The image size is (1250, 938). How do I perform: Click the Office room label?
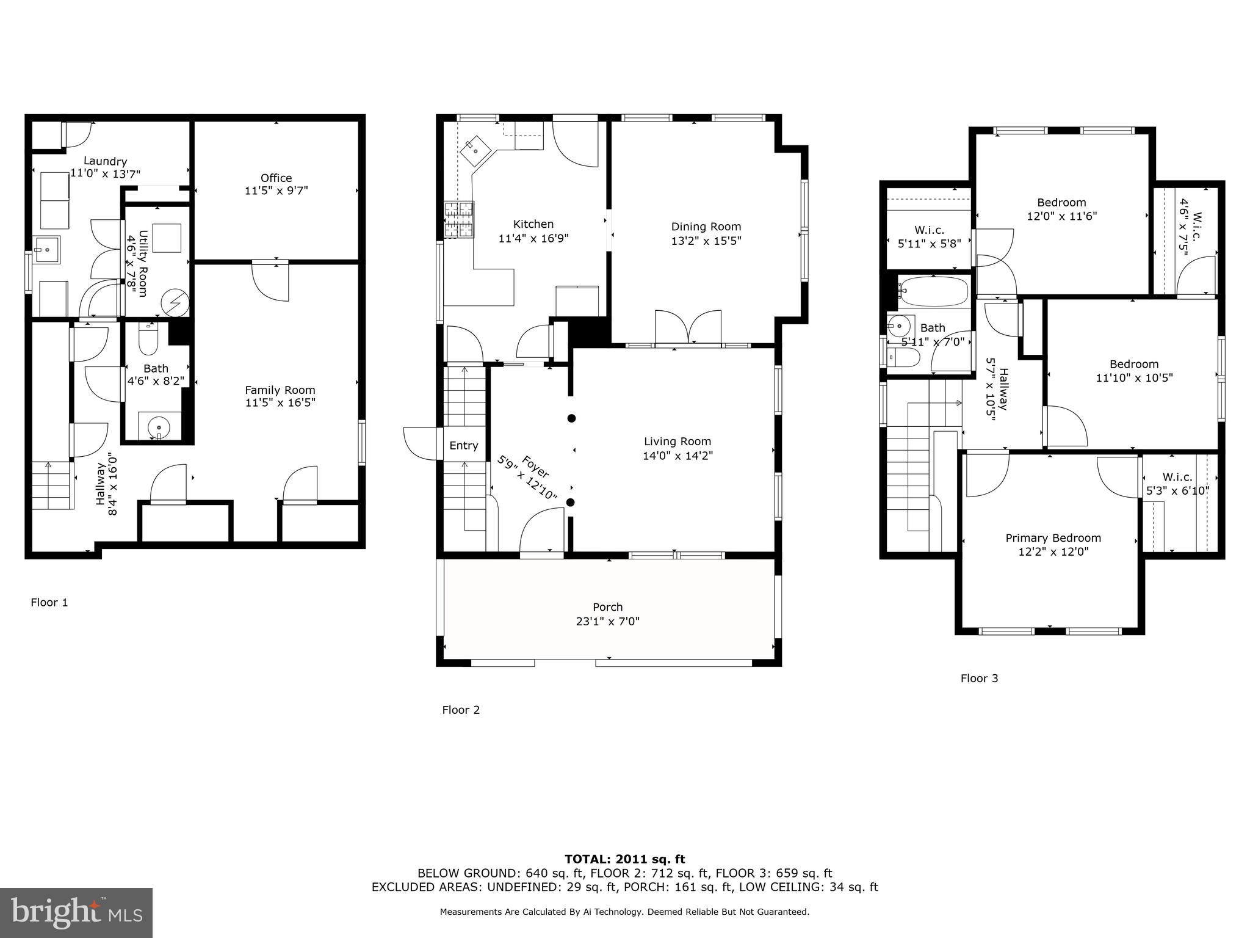[276, 178]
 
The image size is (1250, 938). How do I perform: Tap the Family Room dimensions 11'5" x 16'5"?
[280, 402]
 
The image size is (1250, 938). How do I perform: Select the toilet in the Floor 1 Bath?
[148, 340]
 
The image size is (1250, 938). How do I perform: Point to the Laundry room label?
[105, 161]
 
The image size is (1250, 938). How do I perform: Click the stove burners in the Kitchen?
[459, 219]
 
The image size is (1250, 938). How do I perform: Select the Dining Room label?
[706, 227]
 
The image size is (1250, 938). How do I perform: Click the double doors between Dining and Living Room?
[688, 329]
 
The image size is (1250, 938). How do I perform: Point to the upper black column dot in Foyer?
[571, 418]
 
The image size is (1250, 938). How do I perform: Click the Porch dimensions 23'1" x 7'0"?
[608, 622]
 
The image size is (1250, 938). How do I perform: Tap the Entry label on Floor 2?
[464, 446]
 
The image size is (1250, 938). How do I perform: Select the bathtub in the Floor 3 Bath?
[934, 292]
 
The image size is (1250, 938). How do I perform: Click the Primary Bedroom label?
[1053, 538]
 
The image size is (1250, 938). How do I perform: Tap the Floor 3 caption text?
[979, 678]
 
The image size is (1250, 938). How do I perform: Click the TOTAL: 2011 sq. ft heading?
[624, 859]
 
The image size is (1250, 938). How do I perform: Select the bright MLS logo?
[76, 912]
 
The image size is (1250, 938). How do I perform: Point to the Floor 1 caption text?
[49, 603]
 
